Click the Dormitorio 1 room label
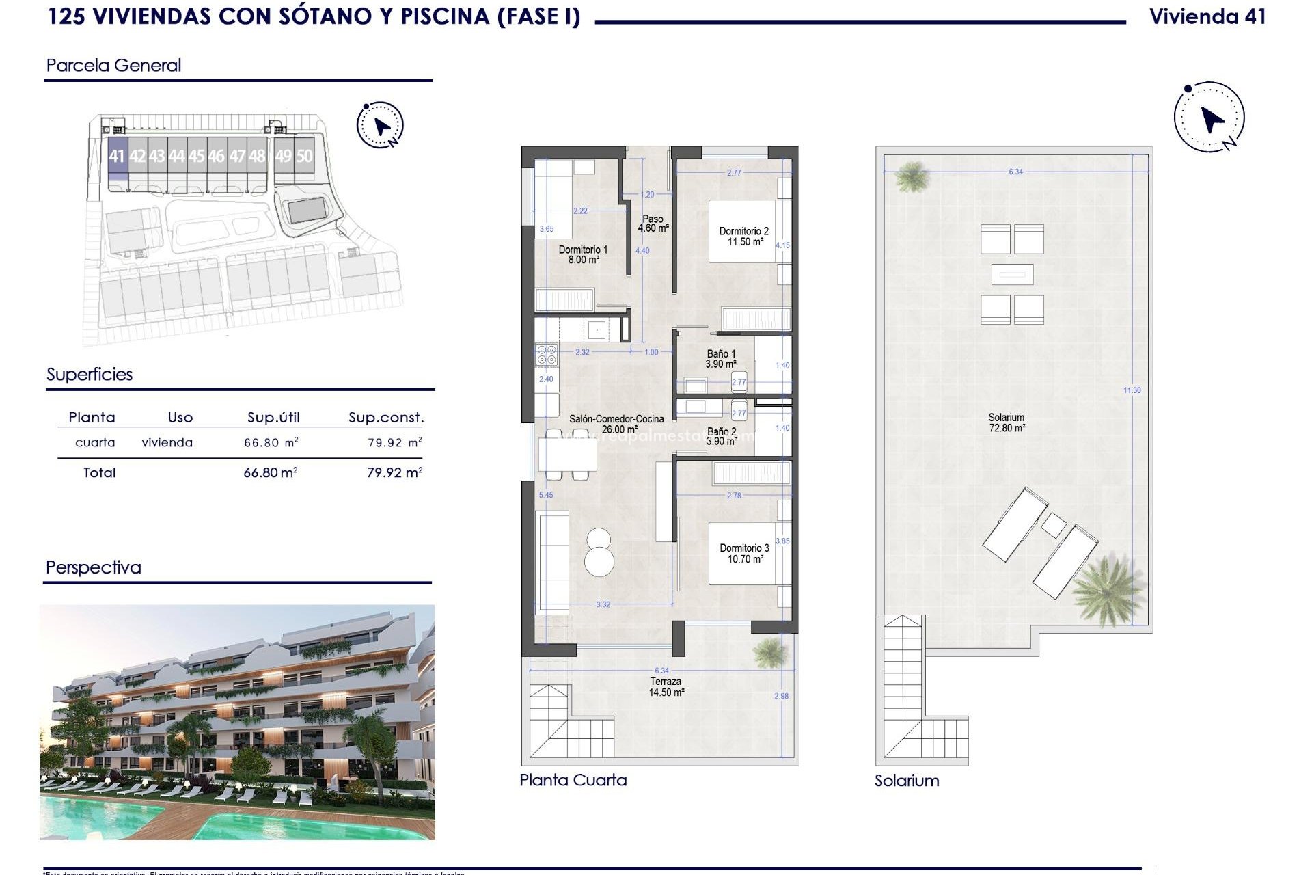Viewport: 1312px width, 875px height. point(583,255)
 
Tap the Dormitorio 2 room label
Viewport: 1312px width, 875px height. point(744,237)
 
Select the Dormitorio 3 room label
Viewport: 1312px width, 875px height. point(744,554)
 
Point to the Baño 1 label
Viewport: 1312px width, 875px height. point(721,359)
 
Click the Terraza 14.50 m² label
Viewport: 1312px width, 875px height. point(666,687)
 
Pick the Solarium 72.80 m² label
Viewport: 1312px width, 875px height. point(1007,422)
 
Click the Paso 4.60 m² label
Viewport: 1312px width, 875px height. point(653,224)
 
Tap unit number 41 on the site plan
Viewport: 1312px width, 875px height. point(117,157)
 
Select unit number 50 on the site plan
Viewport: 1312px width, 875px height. point(304,157)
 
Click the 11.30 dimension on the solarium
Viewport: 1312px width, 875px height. point(1132,390)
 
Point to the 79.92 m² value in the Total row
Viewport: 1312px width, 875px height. point(394,472)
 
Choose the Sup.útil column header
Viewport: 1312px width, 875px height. point(273,418)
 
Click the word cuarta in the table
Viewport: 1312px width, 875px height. point(95,443)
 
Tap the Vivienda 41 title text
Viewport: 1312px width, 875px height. point(1207,17)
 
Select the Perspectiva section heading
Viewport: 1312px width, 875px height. point(94,567)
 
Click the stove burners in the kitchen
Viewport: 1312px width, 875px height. point(547,354)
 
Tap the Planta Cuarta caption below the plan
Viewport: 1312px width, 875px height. point(573,780)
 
